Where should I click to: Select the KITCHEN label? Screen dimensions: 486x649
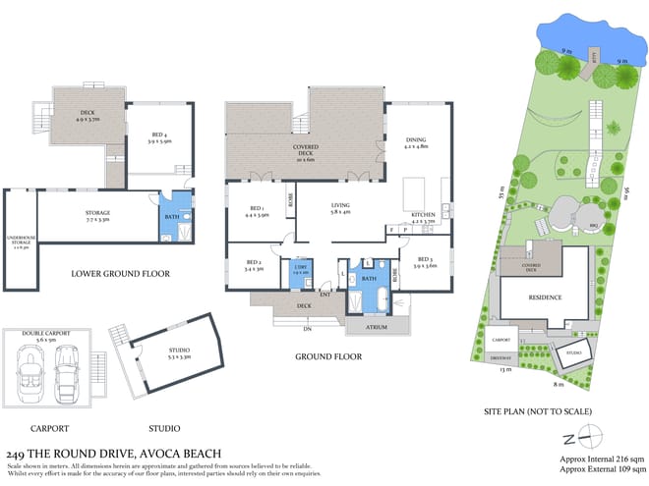[422, 219]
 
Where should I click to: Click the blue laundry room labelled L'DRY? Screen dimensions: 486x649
[301, 272]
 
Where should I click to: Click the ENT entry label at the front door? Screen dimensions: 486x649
[324, 294]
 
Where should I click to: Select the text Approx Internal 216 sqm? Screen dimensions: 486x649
[601, 458]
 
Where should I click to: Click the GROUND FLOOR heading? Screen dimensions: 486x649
[328, 356]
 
